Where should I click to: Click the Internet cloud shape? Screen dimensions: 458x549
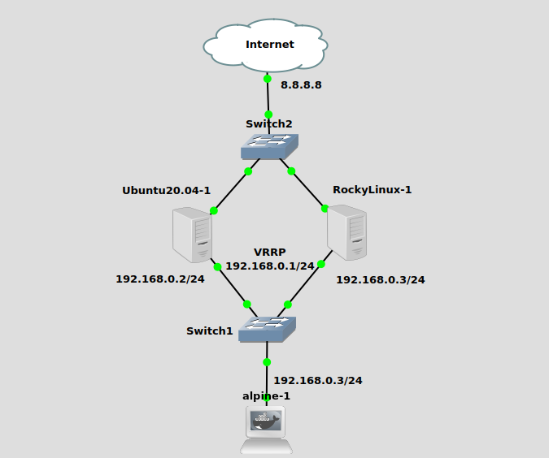pyautogui.click(x=268, y=45)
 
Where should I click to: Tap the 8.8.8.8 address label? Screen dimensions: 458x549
pyautogui.click(x=301, y=84)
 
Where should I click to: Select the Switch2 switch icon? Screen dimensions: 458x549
pyautogui.click(x=269, y=146)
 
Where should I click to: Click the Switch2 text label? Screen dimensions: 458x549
pyautogui.click(x=268, y=124)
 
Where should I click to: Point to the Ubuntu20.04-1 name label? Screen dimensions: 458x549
pyautogui.click(x=166, y=191)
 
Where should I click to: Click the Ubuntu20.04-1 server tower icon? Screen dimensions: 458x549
pyautogui.click(x=193, y=234)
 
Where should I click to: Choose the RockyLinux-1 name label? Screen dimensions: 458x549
pyautogui.click(x=372, y=190)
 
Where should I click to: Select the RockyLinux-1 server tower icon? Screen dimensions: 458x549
pyautogui.click(x=347, y=232)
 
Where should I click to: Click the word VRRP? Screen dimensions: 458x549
pyautogui.click(x=269, y=253)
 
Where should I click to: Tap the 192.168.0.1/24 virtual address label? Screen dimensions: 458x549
pyautogui.click(x=269, y=266)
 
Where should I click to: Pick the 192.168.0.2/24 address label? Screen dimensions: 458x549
pyautogui.click(x=159, y=279)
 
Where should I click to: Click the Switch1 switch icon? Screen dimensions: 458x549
pyautogui.click(x=267, y=329)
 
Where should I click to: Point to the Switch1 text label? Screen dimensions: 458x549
pyautogui.click(x=209, y=331)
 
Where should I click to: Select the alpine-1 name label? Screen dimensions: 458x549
pyautogui.click(x=266, y=395)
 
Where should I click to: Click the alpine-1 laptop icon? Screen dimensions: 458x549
pyautogui.click(x=267, y=430)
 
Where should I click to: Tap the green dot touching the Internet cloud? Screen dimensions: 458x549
pyautogui.click(x=267, y=79)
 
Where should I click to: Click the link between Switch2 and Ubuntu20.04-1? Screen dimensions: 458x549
pyautogui.click(x=231, y=191)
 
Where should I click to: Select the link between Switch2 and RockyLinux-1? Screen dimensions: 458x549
pyautogui.click(x=308, y=189)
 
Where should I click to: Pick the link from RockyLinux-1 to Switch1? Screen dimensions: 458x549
pyautogui.click(x=304, y=284)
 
